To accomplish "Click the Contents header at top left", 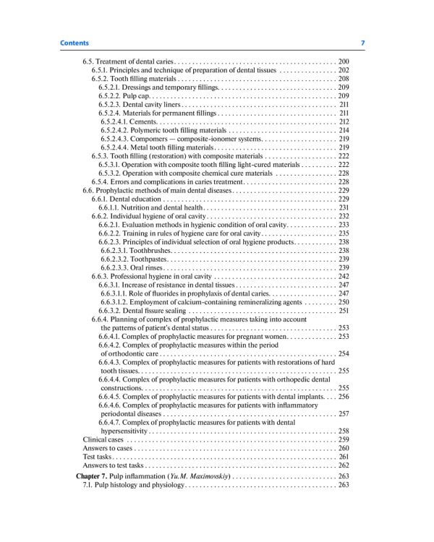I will (x=75, y=44).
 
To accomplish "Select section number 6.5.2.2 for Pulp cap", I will (x=112, y=95).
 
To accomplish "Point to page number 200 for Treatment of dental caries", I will (x=344, y=61).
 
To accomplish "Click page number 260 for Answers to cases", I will (x=344, y=448).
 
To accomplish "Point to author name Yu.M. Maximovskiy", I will (x=198, y=477).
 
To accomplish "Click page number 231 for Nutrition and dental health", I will (x=344, y=207).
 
